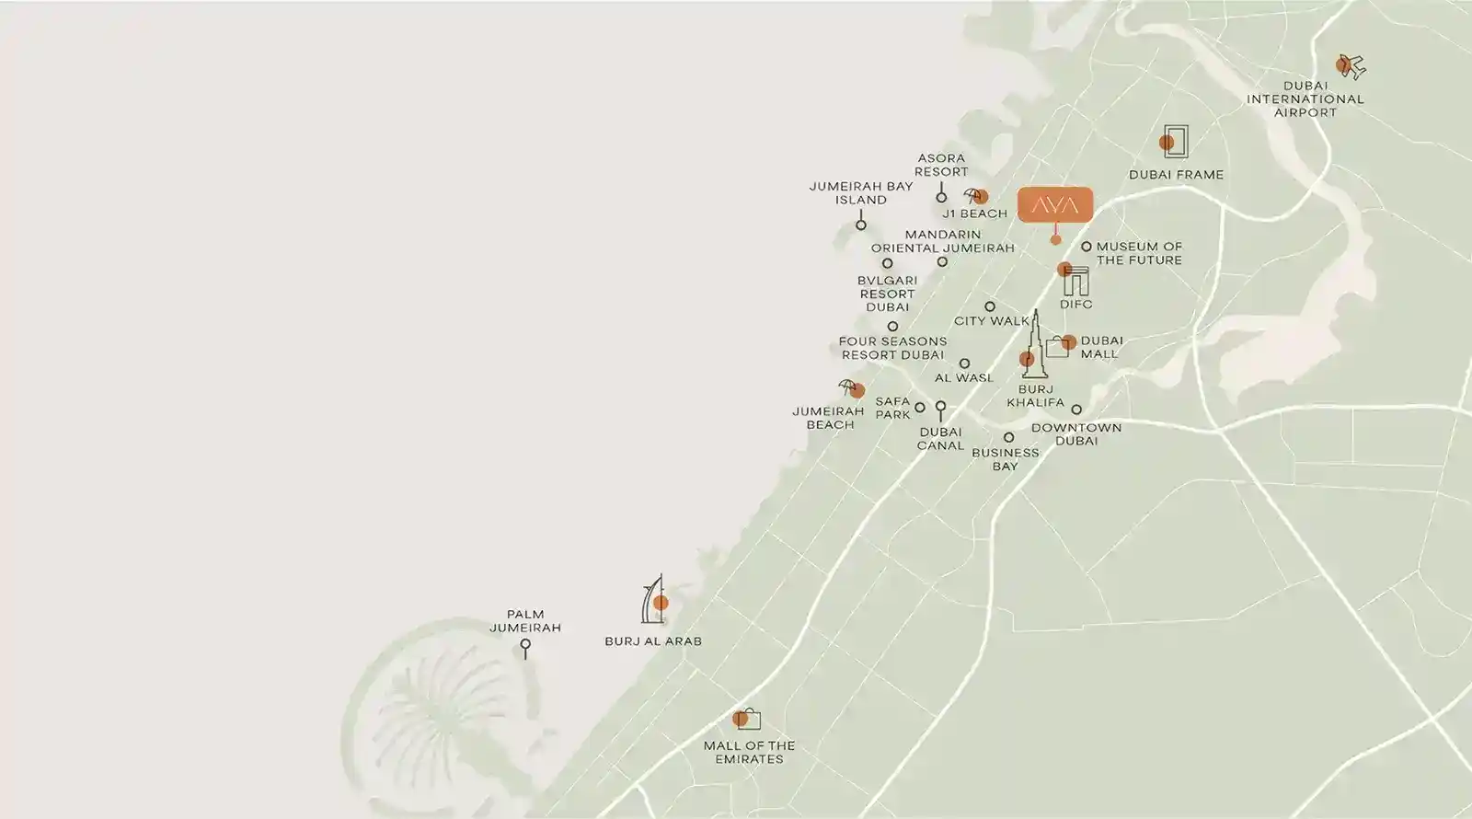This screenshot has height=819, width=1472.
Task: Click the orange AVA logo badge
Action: (x=1054, y=204)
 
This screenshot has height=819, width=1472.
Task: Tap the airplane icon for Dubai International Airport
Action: (x=1351, y=66)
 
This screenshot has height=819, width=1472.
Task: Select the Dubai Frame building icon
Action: (x=1174, y=142)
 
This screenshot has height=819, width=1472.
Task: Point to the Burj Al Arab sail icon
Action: (x=652, y=601)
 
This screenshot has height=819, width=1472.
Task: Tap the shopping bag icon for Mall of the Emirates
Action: (x=747, y=719)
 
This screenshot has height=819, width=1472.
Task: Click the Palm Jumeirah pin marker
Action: (x=525, y=647)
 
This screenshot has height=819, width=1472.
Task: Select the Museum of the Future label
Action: (x=1139, y=253)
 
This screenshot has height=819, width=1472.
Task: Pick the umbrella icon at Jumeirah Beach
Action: (x=849, y=387)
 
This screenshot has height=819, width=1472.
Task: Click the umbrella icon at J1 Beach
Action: (x=974, y=195)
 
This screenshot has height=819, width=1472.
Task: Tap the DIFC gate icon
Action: (x=1075, y=280)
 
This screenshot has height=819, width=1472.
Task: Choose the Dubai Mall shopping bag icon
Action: (x=1059, y=346)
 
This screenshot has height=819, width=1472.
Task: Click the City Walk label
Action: (x=992, y=321)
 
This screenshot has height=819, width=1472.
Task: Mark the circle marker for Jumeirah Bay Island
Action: (x=861, y=224)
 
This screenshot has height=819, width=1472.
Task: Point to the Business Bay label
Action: (x=1006, y=459)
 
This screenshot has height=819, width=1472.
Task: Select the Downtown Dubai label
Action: (x=1076, y=433)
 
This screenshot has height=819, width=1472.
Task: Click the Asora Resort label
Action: (x=941, y=165)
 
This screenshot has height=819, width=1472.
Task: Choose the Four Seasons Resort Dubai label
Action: (x=892, y=348)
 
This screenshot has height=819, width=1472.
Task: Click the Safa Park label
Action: (x=892, y=408)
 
